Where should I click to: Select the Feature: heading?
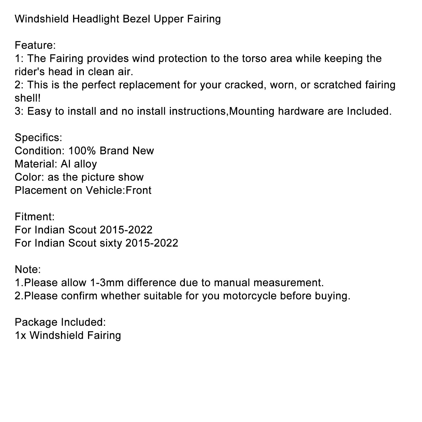35,45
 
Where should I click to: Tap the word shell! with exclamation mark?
28,98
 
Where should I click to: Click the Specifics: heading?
38,138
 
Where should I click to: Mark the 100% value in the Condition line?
82,151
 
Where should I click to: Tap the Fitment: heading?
35,217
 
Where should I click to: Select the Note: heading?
28,270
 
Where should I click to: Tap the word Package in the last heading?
36,322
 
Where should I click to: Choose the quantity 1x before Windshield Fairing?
20,335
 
